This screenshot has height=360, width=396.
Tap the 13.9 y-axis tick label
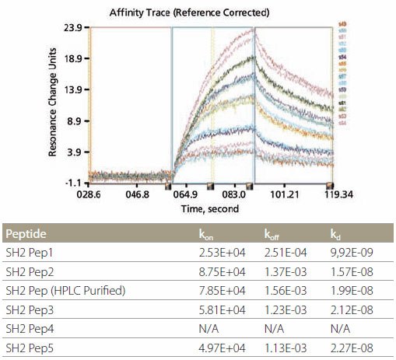click(72, 89)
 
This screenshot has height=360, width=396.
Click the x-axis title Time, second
click(211, 209)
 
